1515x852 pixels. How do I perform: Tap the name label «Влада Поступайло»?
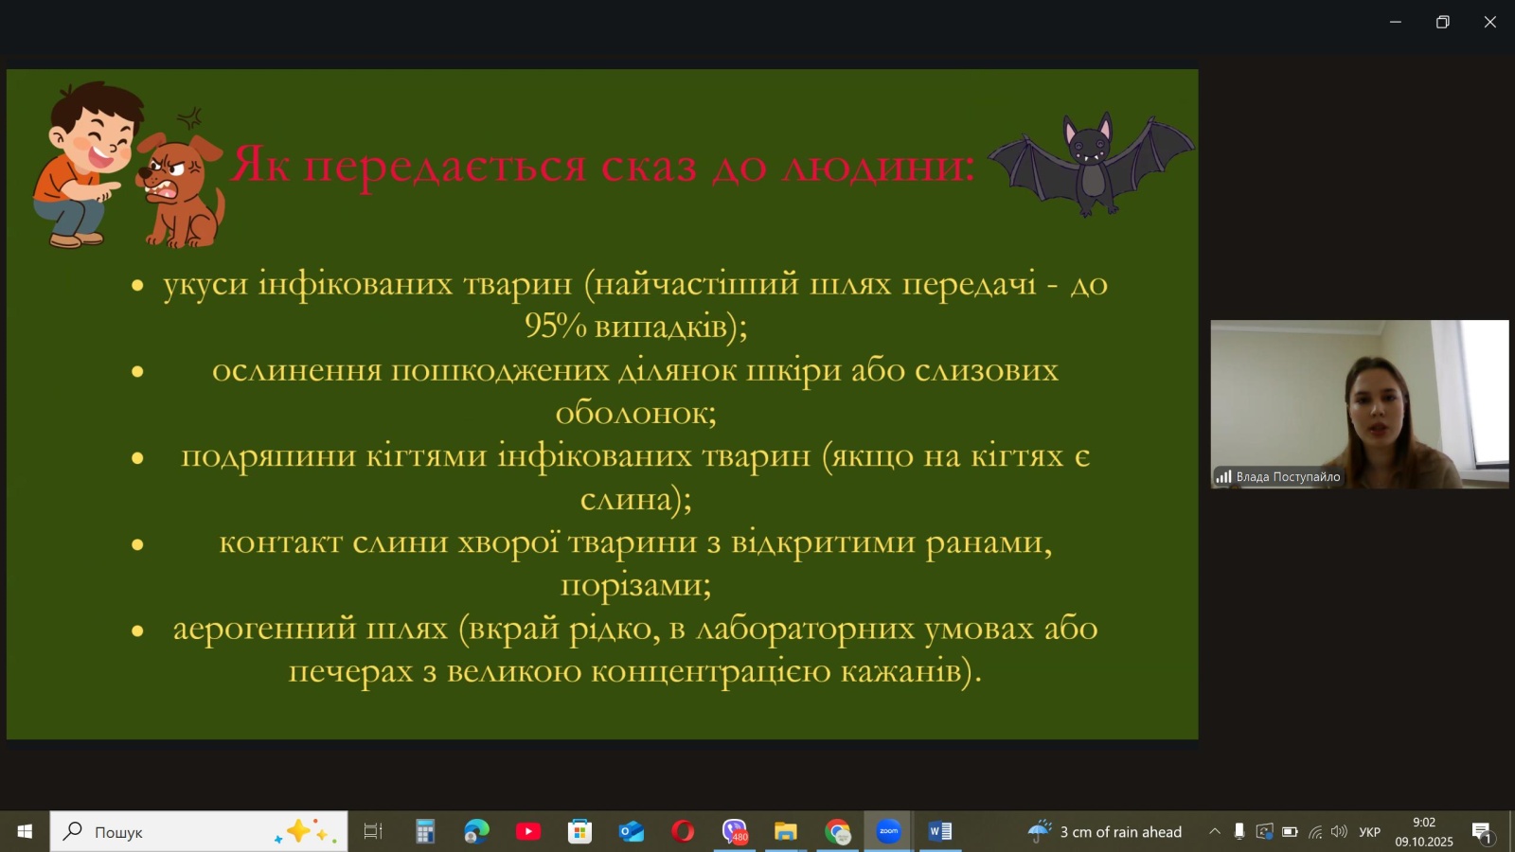pyautogui.click(x=1288, y=477)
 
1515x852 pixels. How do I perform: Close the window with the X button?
pyautogui.click(x=1490, y=23)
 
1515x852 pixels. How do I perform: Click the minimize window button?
pyautogui.click(x=1396, y=23)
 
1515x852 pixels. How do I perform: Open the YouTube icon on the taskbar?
pyautogui.click(x=528, y=831)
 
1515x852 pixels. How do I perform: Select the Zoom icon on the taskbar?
pyautogui.click(x=888, y=831)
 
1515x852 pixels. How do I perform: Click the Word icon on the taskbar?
pyautogui.click(x=940, y=831)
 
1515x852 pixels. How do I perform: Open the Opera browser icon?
pyautogui.click(x=683, y=831)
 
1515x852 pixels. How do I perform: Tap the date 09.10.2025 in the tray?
pyautogui.click(x=1424, y=842)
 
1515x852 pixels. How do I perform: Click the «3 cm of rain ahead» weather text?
pyautogui.click(x=1121, y=832)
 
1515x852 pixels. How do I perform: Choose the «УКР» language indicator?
pyautogui.click(x=1369, y=832)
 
